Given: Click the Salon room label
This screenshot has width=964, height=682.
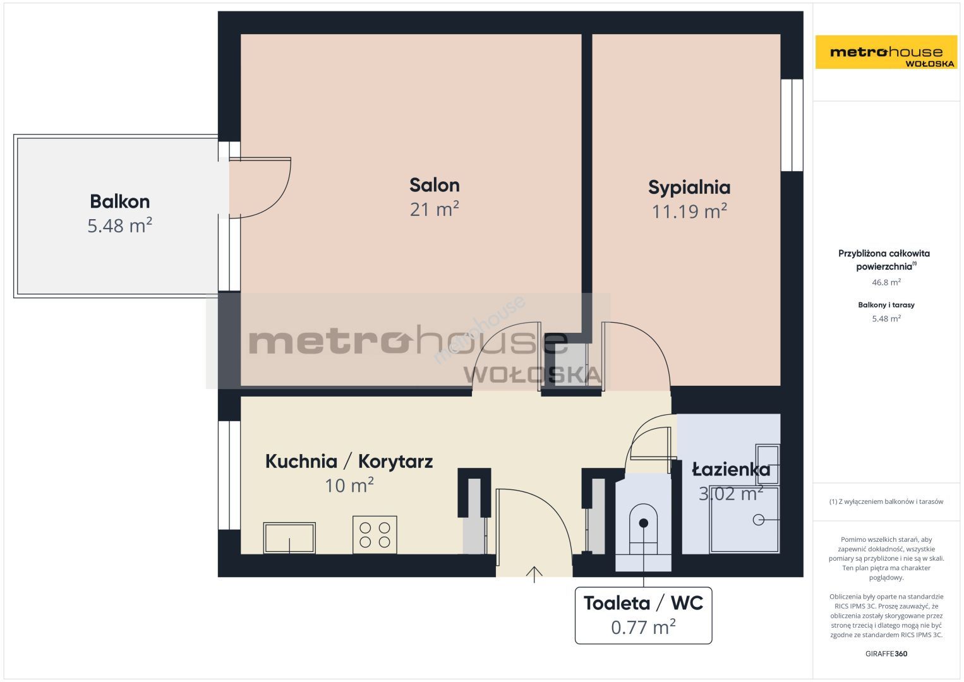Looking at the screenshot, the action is (434, 185).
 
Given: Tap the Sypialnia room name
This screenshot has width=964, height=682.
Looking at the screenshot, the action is (689, 188).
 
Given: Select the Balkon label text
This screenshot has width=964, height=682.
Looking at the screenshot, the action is (119, 201).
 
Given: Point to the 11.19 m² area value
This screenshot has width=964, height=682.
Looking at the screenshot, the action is (689, 212).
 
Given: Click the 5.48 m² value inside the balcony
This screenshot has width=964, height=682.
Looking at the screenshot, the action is (119, 225).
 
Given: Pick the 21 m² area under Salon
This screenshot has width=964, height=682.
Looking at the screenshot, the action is (434, 209).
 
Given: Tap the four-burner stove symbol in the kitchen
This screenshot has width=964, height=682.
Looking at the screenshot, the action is (375, 534).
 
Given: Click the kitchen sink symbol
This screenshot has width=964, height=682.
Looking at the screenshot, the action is (289, 538).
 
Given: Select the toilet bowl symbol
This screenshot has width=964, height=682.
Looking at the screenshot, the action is (643, 529).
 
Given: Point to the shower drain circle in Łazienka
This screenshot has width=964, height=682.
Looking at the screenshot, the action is (758, 520).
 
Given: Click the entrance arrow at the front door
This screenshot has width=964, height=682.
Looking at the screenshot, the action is (534, 575).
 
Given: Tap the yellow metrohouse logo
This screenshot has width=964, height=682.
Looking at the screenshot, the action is (886, 52).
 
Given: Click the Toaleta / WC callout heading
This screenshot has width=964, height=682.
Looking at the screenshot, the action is (643, 603).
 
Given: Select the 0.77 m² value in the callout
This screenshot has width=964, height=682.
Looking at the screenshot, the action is (643, 627).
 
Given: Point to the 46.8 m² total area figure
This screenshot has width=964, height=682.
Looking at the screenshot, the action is (886, 282).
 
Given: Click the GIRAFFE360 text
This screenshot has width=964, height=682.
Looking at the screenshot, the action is (886, 654).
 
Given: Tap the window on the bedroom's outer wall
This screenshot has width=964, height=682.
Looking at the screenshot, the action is (792, 125).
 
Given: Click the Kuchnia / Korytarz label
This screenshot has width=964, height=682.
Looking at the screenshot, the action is (349, 461).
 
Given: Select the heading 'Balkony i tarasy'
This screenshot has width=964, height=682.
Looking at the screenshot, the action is (886, 304).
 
